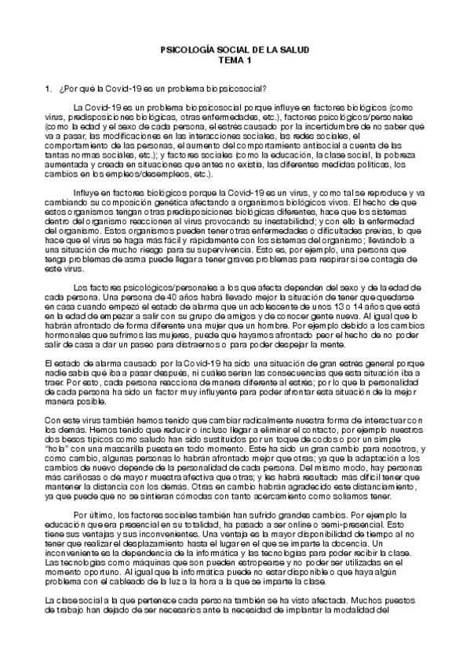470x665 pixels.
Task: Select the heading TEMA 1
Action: (235, 60)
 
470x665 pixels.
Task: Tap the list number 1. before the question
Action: (49, 89)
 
